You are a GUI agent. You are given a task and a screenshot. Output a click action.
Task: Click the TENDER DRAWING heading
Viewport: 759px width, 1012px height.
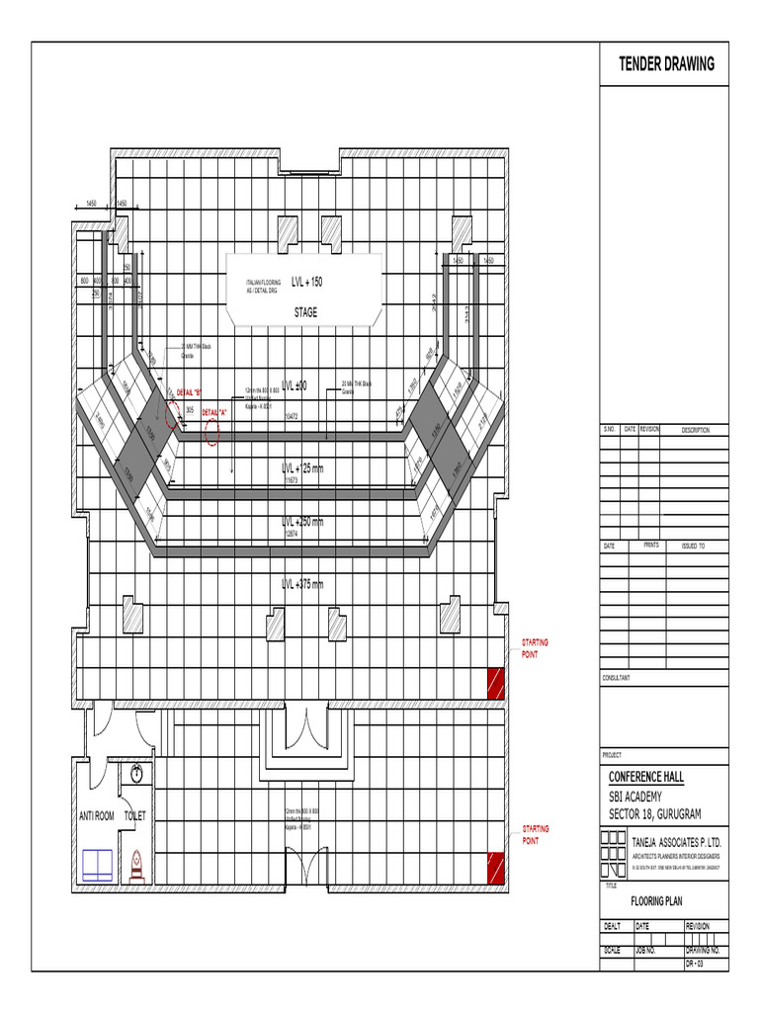click(666, 64)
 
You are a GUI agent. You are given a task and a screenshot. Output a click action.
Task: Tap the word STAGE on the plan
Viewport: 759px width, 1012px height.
click(304, 312)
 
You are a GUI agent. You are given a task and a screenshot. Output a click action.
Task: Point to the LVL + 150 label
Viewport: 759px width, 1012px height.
click(306, 282)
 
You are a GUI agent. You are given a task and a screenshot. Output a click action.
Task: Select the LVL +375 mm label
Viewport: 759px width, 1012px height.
click(302, 584)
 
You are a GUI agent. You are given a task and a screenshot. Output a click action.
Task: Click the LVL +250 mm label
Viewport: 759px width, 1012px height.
click(302, 522)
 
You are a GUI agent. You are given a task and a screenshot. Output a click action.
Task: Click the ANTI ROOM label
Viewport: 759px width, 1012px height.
click(97, 816)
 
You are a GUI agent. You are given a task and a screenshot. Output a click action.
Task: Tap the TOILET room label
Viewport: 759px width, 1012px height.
click(134, 816)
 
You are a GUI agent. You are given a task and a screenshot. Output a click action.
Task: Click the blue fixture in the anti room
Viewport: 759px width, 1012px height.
click(98, 864)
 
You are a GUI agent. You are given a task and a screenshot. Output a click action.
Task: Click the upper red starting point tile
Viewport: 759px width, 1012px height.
click(494, 682)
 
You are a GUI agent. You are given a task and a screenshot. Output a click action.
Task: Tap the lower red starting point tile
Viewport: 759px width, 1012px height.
click(494, 867)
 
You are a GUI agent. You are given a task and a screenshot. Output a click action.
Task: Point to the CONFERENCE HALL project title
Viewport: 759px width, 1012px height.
click(652, 776)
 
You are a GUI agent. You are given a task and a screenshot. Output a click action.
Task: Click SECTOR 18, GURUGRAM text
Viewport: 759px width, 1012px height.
click(653, 813)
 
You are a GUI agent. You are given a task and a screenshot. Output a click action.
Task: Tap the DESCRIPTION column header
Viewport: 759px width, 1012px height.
click(695, 430)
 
